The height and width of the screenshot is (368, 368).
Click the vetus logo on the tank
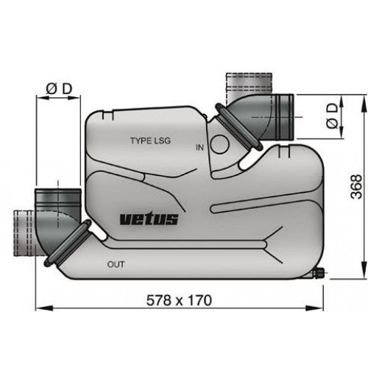click(x=147, y=219)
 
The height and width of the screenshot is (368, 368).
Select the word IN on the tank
click(x=199, y=147)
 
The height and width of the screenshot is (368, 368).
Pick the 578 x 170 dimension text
click(x=179, y=300)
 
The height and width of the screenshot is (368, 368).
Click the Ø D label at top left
click(x=58, y=89)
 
